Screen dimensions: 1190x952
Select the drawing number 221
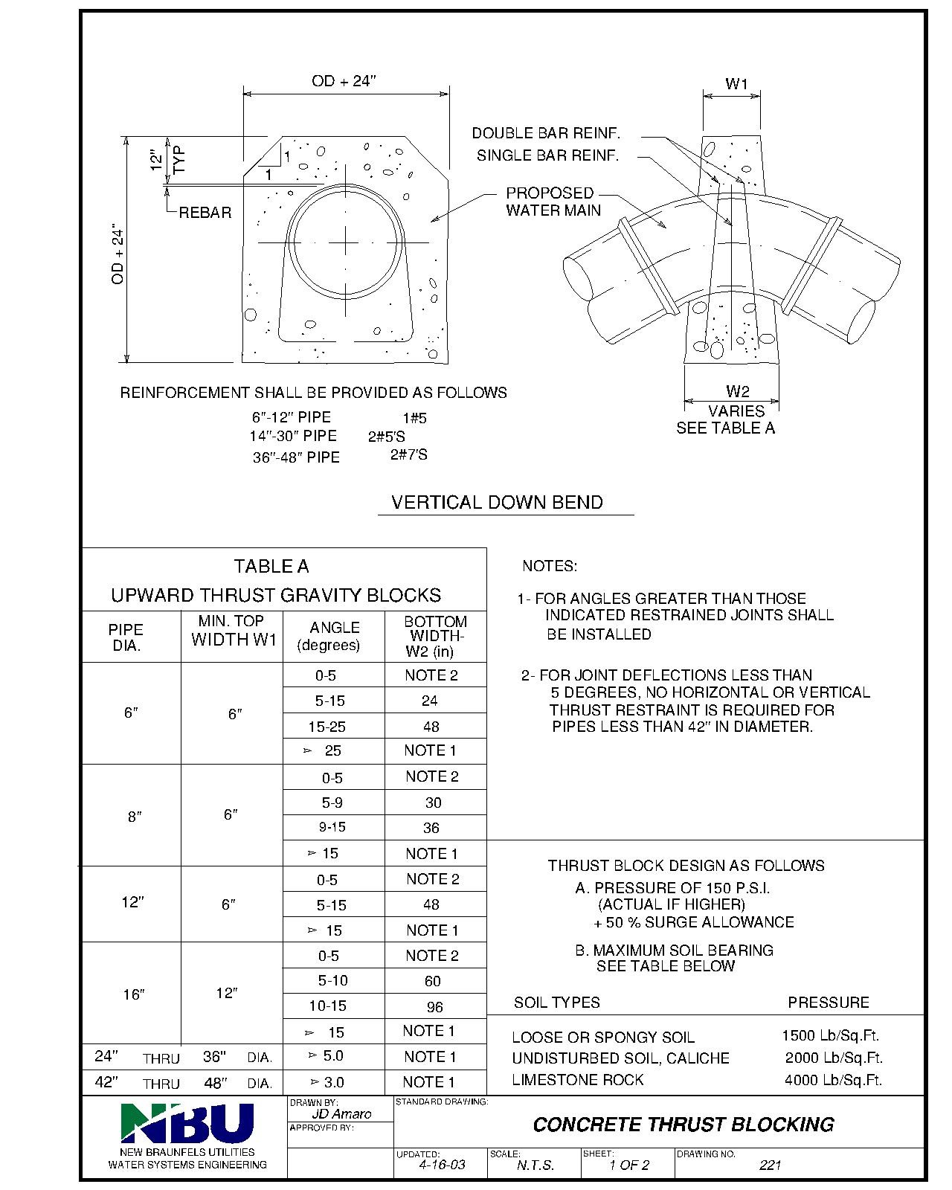point(770,1165)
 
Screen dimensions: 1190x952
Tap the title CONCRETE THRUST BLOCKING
point(683,1124)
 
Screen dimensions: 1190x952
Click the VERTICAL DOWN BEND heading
point(497,502)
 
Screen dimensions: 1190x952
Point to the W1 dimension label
point(736,84)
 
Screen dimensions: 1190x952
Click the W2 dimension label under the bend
point(737,391)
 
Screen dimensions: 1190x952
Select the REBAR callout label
point(205,213)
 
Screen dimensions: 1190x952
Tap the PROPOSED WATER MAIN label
point(553,202)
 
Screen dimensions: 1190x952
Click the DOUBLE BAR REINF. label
point(546,133)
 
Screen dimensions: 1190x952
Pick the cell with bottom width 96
point(434,1007)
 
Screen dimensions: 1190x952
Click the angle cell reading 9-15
point(332,827)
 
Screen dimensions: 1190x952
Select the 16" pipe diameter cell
point(133,994)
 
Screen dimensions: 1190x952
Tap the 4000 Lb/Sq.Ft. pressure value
point(833,1080)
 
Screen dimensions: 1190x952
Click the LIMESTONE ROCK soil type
point(577,1079)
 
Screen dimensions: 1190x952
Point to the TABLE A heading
point(271,567)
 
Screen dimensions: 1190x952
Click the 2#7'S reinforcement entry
point(409,454)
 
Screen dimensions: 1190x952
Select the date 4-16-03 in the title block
point(442,1165)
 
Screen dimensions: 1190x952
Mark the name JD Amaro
point(340,1113)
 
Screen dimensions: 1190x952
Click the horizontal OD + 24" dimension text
point(345,81)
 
